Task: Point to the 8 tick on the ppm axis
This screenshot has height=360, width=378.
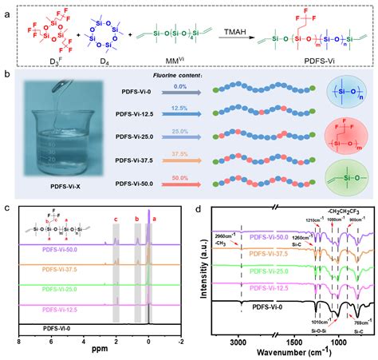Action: point(18,338)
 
